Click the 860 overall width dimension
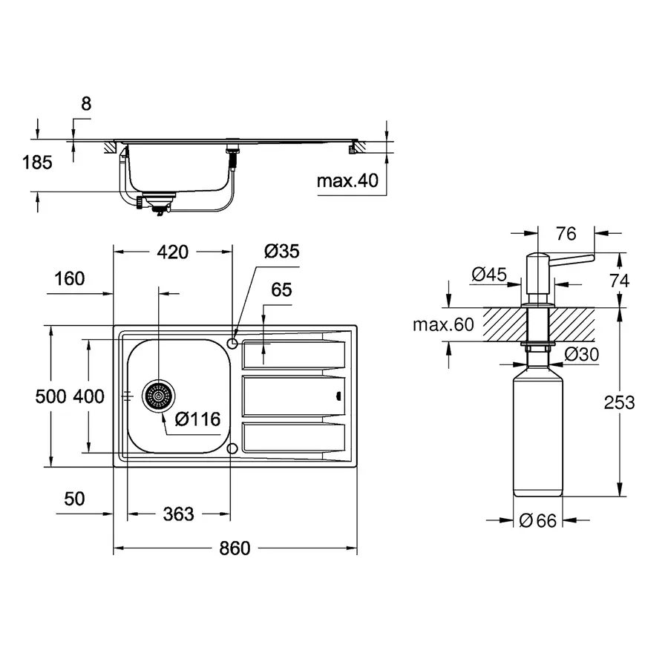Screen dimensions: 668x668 point(235,549)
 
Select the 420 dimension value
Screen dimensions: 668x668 point(172,252)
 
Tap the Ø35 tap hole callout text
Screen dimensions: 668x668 point(281,252)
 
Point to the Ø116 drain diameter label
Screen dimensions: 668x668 point(197,419)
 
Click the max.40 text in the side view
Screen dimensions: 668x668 point(347,180)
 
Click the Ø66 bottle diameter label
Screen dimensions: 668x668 point(538,521)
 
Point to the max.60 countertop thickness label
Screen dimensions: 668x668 point(442,324)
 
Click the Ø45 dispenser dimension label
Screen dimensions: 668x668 point(489,275)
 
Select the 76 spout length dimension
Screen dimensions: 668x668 point(566,234)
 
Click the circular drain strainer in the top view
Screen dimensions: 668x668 point(158,396)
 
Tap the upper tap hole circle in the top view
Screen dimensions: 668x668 point(232,343)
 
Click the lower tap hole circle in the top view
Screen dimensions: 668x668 point(232,448)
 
